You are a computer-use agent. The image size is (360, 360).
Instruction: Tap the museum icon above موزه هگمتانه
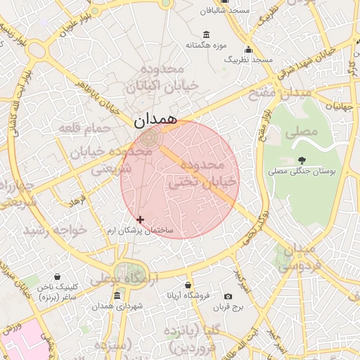206,34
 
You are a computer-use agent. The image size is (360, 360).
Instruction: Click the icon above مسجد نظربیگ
248,49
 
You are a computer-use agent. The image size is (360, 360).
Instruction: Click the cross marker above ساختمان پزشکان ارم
141,220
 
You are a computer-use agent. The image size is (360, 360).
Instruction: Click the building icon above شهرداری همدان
117,295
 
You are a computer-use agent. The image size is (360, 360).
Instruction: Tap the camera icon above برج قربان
228,297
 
